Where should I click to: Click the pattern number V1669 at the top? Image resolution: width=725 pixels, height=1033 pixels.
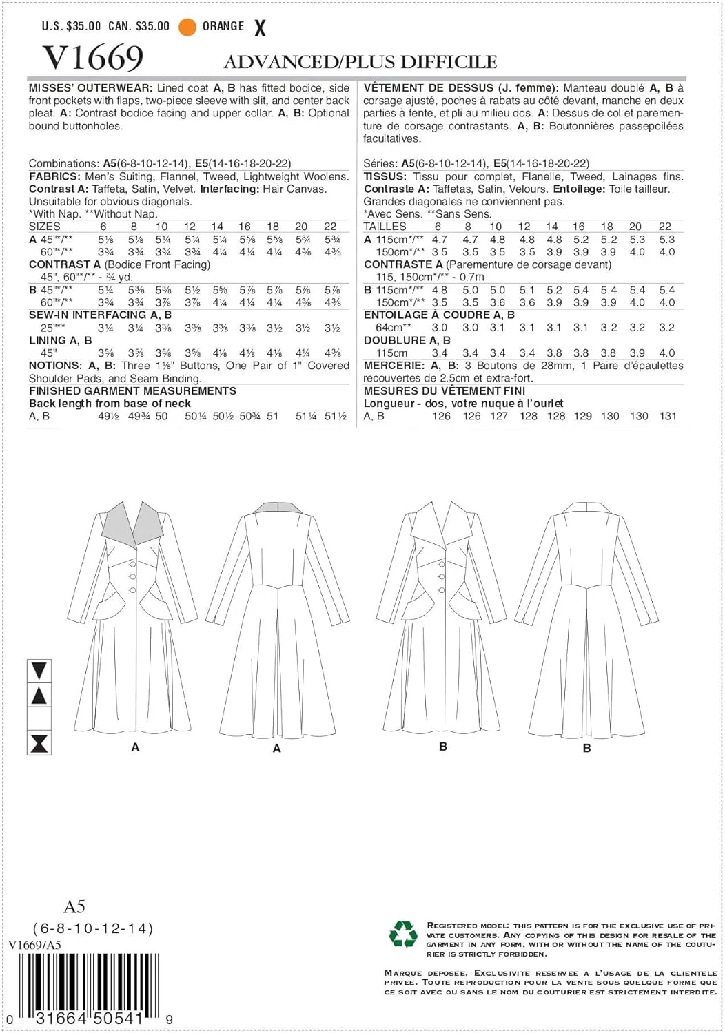(x=93, y=57)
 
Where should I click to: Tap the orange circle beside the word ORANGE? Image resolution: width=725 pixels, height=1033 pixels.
(x=187, y=27)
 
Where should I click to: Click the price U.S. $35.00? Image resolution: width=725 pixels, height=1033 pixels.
(x=71, y=26)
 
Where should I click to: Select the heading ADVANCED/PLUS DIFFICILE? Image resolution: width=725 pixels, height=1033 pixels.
(x=360, y=62)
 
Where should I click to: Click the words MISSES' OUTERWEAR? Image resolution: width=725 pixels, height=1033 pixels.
(x=90, y=88)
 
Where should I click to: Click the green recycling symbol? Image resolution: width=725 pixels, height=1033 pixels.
(x=403, y=935)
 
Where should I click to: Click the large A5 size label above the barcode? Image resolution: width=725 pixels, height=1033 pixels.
(x=74, y=906)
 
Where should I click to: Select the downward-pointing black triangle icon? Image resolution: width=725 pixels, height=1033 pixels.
(x=39, y=670)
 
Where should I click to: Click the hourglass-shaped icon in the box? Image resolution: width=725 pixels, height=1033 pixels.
(x=39, y=743)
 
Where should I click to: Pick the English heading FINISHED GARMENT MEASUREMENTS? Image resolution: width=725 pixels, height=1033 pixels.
(x=132, y=390)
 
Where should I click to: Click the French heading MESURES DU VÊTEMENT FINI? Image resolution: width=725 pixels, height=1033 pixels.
(x=445, y=390)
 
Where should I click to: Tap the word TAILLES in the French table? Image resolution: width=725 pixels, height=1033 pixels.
(x=385, y=226)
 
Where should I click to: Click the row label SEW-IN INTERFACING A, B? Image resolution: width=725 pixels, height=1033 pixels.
(x=101, y=315)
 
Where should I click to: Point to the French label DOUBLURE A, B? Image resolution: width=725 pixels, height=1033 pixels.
(x=407, y=340)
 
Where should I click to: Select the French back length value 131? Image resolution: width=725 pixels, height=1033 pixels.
(x=668, y=416)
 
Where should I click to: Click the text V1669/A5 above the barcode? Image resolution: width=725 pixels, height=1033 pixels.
(x=35, y=945)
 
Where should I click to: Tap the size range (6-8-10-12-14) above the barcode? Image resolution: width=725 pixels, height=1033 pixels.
(x=93, y=928)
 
